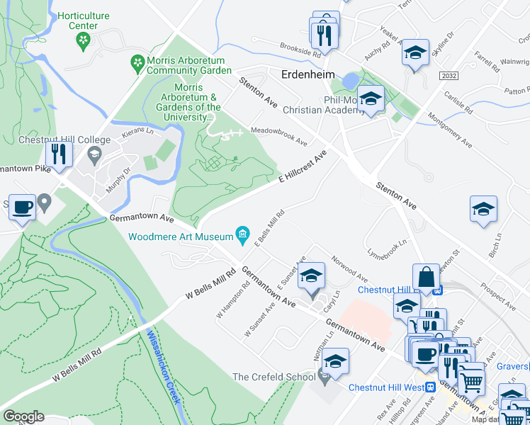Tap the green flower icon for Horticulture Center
click(84, 40)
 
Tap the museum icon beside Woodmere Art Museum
click(243, 235)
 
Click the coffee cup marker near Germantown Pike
click(21, 207)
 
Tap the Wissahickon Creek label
click(164, 372)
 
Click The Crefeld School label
click(274, 377)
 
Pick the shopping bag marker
click(427, 278)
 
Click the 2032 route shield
click(447, 76)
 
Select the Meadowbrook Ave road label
click(278, 137)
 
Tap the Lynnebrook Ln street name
click(386, 248)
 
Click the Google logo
click(23, 416)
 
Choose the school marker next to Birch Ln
click(483, 209)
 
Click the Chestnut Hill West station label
click(386, 387)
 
